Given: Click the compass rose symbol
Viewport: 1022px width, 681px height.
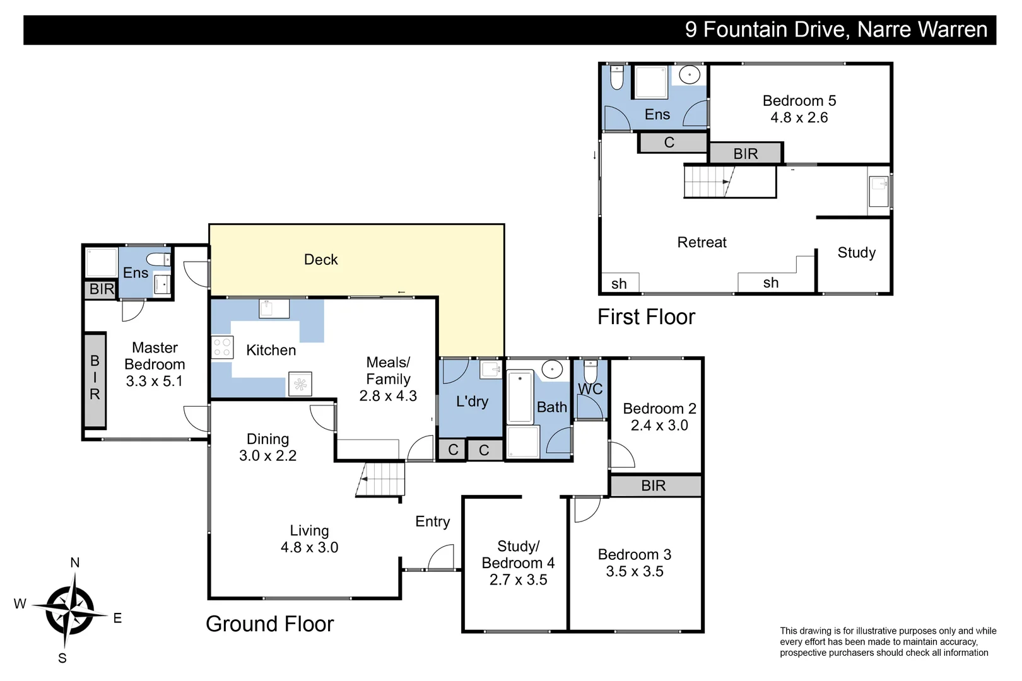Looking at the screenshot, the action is [70, 611].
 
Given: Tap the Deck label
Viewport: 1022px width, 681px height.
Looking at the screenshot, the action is [320, 260].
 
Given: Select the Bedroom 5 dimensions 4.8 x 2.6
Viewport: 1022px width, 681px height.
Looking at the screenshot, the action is [799, 118].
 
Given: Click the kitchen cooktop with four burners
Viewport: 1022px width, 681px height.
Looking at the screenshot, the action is [223, 347].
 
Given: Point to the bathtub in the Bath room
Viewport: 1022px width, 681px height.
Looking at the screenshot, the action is [520, 397].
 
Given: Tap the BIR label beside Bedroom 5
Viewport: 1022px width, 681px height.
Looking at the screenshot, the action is [746, 154].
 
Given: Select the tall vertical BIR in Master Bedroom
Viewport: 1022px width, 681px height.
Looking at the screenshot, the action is [95, 380].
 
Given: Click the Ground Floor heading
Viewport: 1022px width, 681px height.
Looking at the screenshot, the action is [269, 624].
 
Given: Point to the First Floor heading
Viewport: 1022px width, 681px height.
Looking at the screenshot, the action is [647, 317].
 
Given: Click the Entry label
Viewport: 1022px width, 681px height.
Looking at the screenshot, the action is [433, 521].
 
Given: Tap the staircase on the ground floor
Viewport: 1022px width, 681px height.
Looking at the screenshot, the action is [380, 479].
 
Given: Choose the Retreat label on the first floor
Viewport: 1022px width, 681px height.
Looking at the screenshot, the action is [702, 242].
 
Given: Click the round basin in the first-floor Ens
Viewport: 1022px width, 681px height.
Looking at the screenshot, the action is [690, 75].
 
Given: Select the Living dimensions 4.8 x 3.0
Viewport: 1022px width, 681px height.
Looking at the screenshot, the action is [309, 547].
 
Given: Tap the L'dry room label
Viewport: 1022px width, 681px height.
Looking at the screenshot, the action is [473, 402].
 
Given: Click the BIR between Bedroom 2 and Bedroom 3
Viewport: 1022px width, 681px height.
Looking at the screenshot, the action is [655, 486].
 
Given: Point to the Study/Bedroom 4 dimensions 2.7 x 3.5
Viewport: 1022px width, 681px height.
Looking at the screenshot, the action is [519, 579].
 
